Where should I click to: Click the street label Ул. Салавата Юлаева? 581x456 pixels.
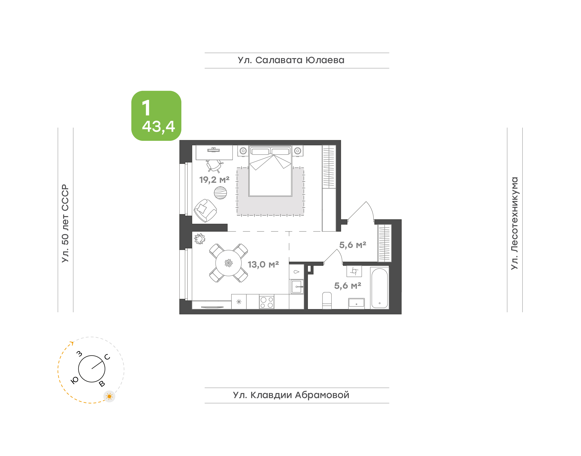pyautogui.click(x=291, y=60)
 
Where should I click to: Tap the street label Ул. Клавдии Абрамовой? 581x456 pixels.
pyautogui.click(x=291, y=395)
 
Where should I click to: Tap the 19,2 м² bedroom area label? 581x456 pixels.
pyautogui.click(x=214, y=180)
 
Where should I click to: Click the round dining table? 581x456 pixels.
pyautogui.click(x=228, y=263)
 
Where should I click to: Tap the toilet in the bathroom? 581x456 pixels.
pyautogui.click(x=327, y=301)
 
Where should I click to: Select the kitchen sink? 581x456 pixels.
pyautogui.click(x=297, y=287)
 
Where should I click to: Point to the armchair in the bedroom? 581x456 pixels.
pyautogui.click(x=205, y=211)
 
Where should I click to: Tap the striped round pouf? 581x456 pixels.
pyautogui.click(x=220, y=193)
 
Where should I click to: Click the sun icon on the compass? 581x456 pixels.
pyautogui.click(x=109, y=396)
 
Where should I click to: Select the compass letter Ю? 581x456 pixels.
pyautogui.click(x=74, y=380)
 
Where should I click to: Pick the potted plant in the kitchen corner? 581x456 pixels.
pyautogui.click(x=199, y=239)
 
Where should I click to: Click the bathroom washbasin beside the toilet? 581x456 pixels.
pyautogui.click(x=356, y=303)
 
